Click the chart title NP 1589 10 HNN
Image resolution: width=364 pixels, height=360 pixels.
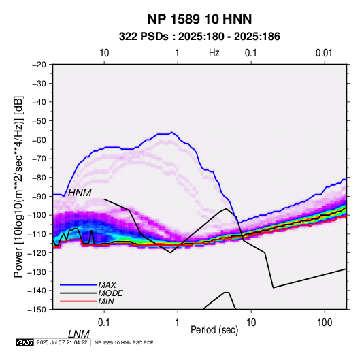[199, 19]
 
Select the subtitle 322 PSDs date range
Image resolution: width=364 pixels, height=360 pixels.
[199, 37]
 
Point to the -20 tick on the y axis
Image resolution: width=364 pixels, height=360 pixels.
[39, 65]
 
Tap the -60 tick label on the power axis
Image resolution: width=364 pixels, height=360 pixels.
[39, 140]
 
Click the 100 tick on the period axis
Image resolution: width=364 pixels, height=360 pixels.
[325, 323]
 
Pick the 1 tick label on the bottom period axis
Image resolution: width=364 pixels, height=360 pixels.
[178, 323]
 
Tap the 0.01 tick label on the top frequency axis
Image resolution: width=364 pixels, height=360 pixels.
[324, 53]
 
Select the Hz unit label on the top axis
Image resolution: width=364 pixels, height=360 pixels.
[214, 53]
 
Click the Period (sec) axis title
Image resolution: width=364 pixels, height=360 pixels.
[214, 330]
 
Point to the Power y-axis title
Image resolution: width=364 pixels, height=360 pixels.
[18, 187]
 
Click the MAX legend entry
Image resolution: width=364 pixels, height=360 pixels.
[107, 284]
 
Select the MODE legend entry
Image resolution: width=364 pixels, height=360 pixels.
[110, 293]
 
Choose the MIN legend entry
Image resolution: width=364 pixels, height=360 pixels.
[106, 301]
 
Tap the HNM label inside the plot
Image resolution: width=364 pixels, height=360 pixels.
[80, 193]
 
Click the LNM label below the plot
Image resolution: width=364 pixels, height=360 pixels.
[79, 334]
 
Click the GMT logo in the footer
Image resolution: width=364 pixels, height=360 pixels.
[25, 342]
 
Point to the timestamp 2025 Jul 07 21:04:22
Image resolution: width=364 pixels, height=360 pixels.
[62, 342]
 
